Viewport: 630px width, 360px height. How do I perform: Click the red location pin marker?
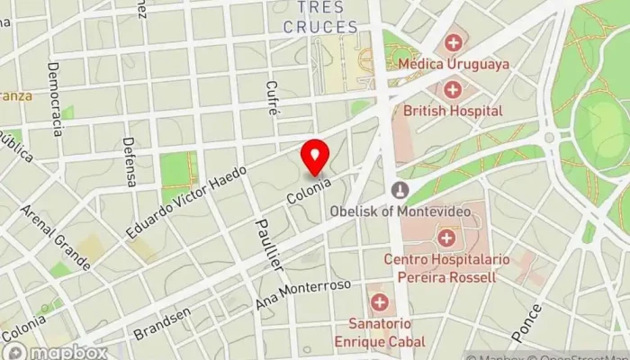315,157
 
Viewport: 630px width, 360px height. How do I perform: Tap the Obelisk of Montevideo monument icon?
400,190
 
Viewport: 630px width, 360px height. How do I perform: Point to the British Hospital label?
453,110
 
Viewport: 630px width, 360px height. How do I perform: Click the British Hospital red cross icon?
452,89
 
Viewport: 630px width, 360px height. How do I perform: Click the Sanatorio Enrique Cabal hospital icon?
380,301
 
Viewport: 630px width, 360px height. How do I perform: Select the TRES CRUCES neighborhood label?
320,18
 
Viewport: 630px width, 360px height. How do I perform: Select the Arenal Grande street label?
55,238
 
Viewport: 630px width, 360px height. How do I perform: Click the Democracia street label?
56,99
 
